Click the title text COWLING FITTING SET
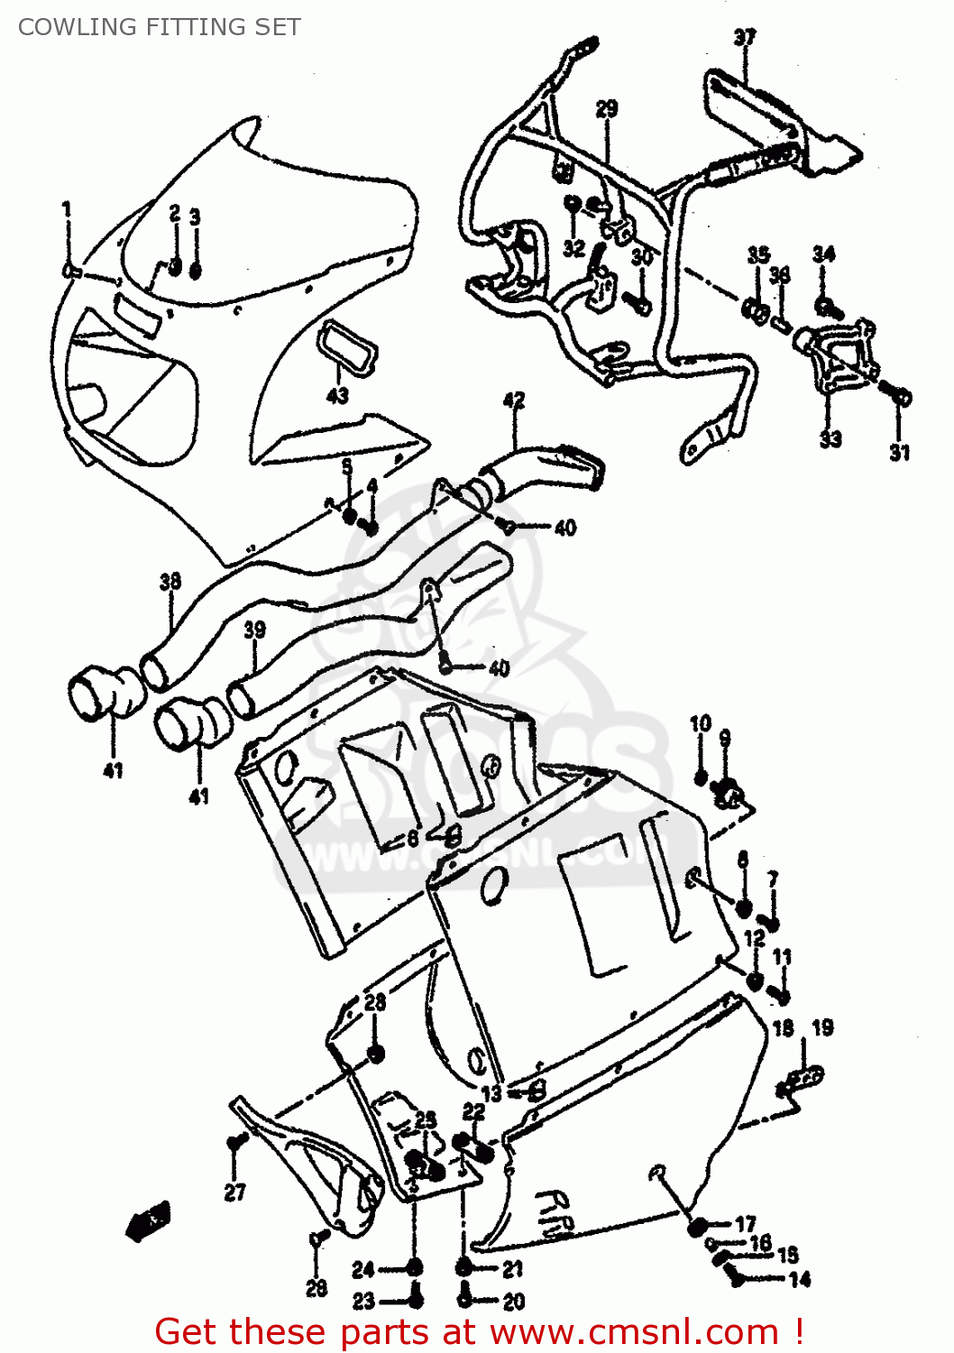[x=159, y=27]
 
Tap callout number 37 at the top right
[x=744, y=38]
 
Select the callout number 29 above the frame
[x=607, y=109]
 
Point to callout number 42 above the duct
[x=513, y=400]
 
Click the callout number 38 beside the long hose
[x=170, y=582]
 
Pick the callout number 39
[x=254, y=630]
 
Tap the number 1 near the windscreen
[x=67, y=210]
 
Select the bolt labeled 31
[x=899, y=396]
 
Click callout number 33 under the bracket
[x=830, y=438]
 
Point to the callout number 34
[x=823, y=254]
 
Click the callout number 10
[x=701, y=723]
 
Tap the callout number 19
[x=822, y=1027]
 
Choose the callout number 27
[x=234, y=1192]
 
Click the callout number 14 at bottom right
[x=799, y=1279]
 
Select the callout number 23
[x=363, y=1301]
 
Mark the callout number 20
[x=513, y=1301]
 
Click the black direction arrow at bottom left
[x=149, y=1221]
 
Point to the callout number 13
[x=491, y=1093]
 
